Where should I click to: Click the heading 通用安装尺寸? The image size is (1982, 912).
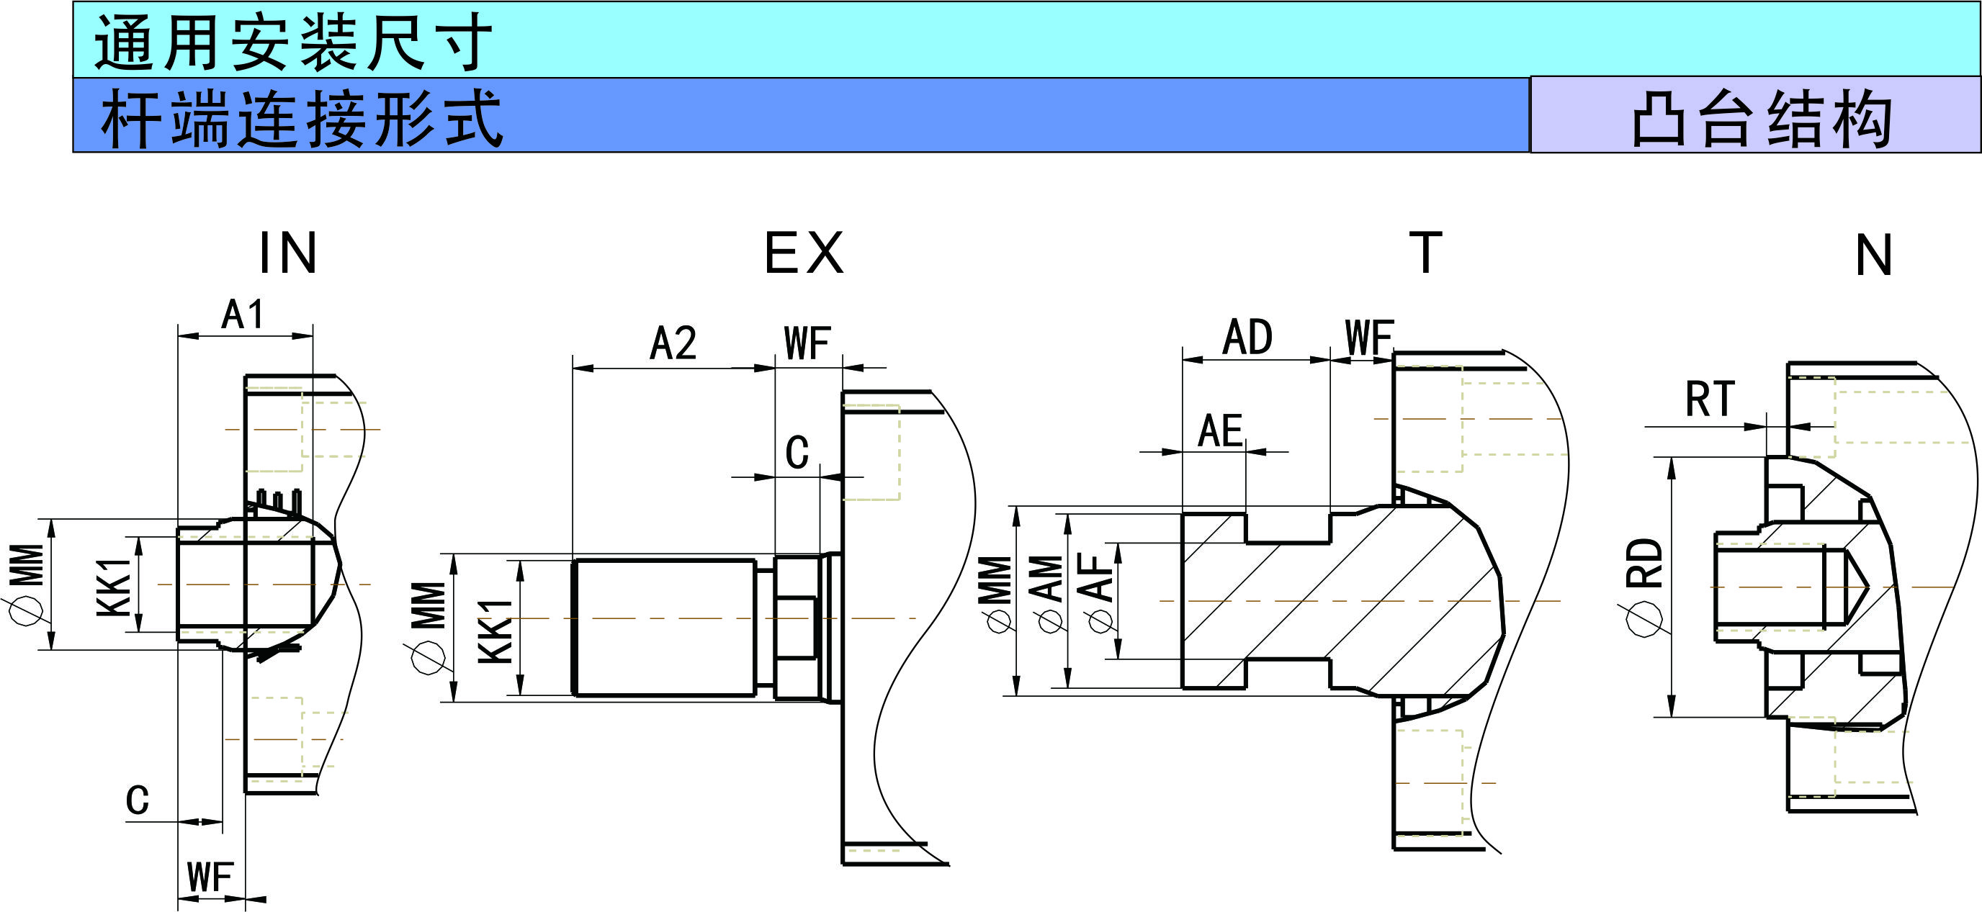click(x=292, y=42)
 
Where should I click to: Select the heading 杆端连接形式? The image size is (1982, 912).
click(x=302, y=117)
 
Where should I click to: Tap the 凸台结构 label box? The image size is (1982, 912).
click(x=1761, y=117)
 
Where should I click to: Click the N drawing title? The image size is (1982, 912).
click(x=1874, y=256)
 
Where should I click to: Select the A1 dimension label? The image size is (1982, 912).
click(x=243, y=315)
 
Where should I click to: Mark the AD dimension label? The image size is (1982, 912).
click(x=1248, y=337)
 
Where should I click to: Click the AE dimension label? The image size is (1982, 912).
click(x=1220, y=430)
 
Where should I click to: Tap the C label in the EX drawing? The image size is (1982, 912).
click(x=797, y=452)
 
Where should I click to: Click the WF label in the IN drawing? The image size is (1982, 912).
click(x=210, y=877)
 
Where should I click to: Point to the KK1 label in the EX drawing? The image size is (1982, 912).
click(x=495, y=631)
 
